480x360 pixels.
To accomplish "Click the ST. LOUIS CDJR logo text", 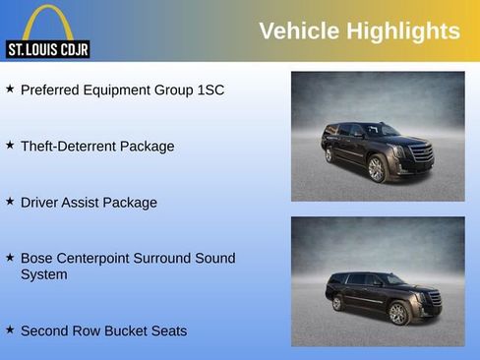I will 47,50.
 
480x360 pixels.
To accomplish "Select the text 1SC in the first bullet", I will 210,90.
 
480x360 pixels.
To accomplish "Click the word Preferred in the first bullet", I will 52,90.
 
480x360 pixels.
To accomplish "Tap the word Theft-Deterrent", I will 67,147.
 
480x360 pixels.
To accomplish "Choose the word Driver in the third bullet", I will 41,203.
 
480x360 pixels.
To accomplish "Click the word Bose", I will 37,259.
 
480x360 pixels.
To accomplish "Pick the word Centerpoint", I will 98,259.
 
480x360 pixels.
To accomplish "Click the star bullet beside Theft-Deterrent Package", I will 10,146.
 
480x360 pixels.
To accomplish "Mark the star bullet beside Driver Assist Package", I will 10,202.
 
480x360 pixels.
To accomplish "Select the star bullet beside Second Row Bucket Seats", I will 10,330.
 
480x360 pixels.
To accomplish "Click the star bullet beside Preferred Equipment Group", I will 10,90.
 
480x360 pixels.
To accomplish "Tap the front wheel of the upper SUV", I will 377,168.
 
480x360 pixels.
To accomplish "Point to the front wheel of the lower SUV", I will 398,313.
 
